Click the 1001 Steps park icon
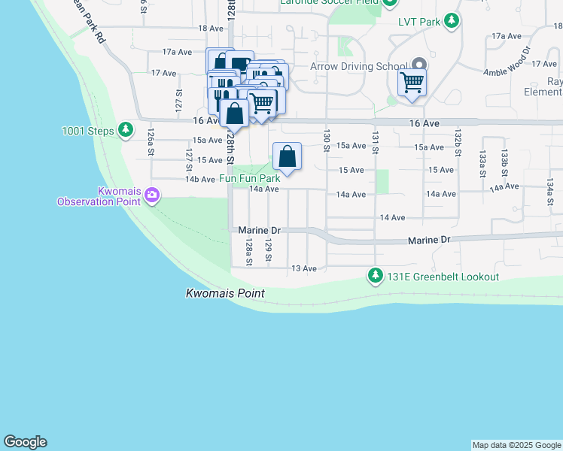[126, 131]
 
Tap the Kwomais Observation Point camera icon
[153, 195]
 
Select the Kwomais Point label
[225, 294]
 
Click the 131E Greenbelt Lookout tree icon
[375, 277]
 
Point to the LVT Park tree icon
[452, 22]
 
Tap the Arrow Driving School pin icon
[418, 66]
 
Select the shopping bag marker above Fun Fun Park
[287, 156]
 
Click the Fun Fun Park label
[249, 179]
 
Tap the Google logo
[25, 442]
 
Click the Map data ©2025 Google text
[516, 445]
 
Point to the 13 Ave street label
[304, 268]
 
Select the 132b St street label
[457, 141]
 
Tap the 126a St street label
[151, 138]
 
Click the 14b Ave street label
[199, 179]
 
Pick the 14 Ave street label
[393, 217]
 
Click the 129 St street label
[268, 250]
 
